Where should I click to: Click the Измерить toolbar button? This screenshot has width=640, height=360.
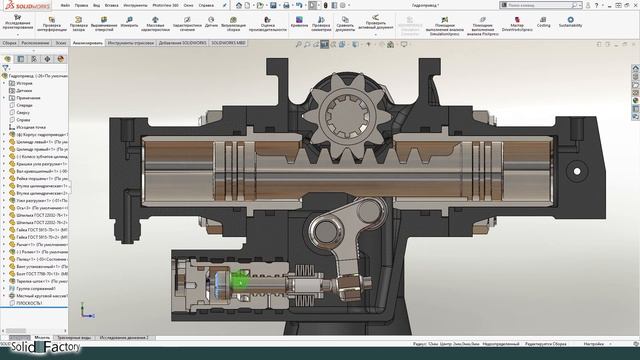point(130,24)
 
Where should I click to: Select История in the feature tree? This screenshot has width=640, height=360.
point(25,83)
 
